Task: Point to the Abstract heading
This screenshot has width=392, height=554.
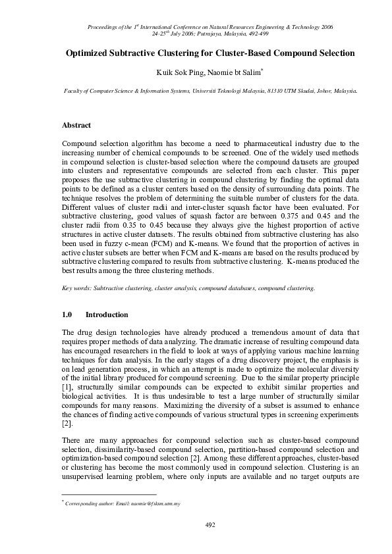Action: [76, 125]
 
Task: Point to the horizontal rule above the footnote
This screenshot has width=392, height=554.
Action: [109, 494]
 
